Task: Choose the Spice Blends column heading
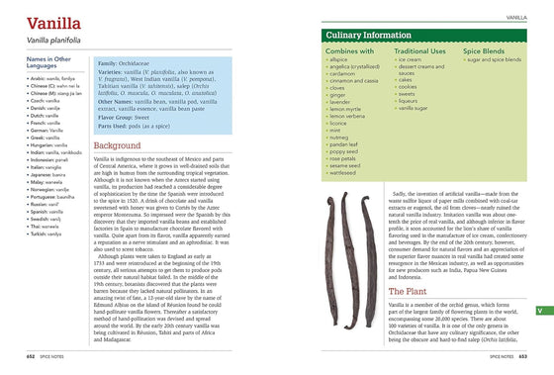point(487,49)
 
